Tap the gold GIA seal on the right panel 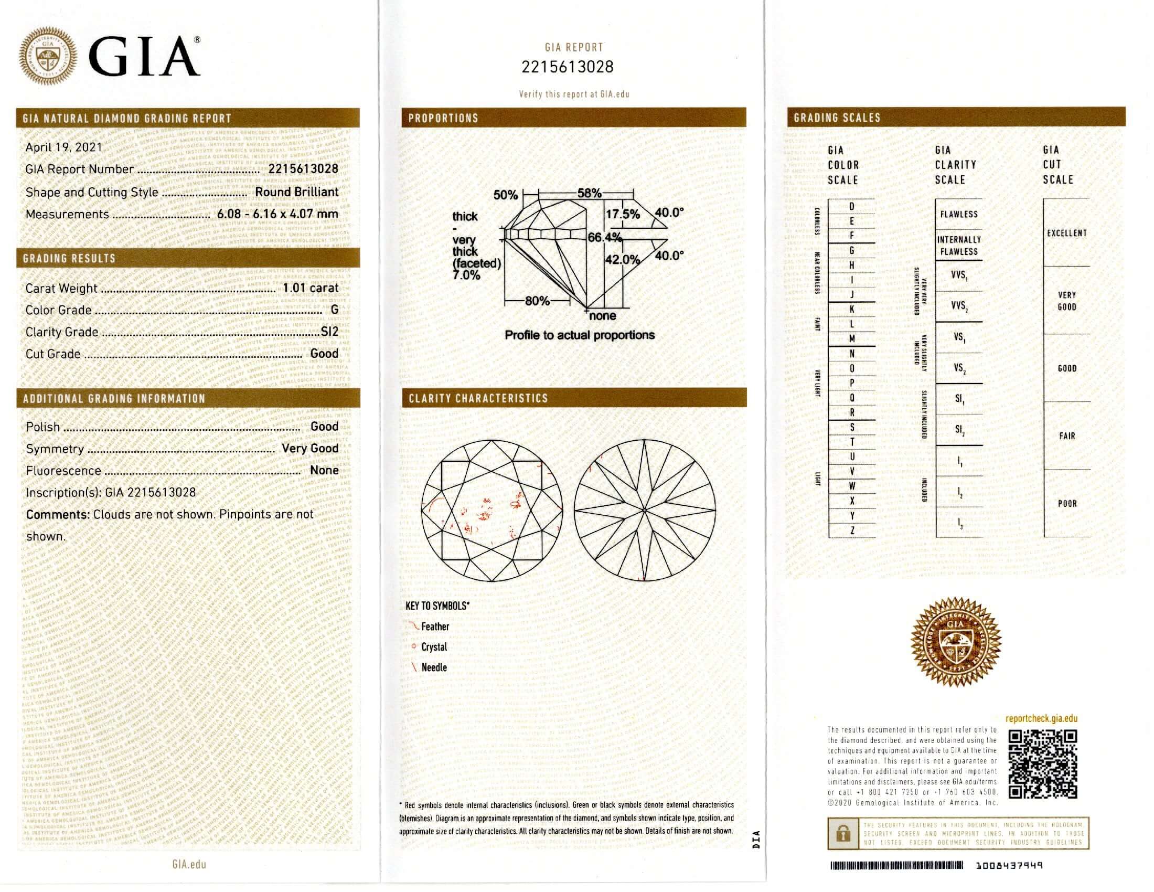[x=956, y=641]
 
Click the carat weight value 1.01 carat [x=311, y=288]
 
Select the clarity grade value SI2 [x=329, y=332]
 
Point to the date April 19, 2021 [x=64, y=147]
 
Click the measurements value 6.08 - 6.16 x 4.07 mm [x=277, y=214]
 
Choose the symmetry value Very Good [x=309, y=448]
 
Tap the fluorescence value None [x=324, y=470]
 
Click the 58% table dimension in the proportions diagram [x=589, y=193]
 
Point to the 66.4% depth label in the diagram [x=604, y=238]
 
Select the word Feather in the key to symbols [x=435, y=626]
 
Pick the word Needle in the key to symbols [x=434, y=667]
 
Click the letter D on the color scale [x=851, y=207]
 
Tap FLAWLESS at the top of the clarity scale [x=958, y=214]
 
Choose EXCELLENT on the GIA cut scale [x=1067, y=233]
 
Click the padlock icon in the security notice [x=843, y=834]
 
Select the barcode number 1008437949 [x=1009, y=866]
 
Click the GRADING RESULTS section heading [x=69, y=258]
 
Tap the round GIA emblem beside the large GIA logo [x=48, y=57]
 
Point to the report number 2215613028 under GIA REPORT [x=568, y=67]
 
